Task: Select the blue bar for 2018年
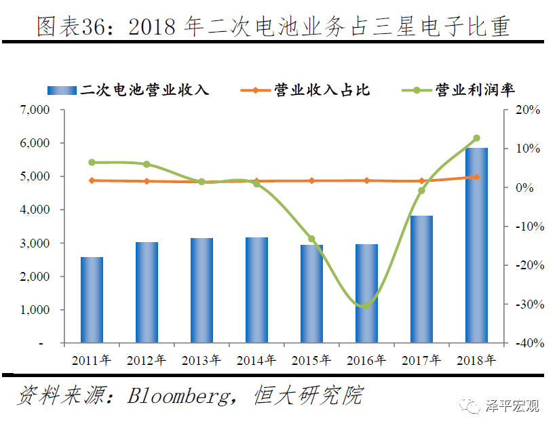click(476, 246)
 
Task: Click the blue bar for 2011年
click(92, 300)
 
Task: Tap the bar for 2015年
click(311, 294)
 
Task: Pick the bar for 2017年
click(421, 279)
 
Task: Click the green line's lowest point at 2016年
click(366, 305)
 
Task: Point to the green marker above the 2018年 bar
click(476, 138)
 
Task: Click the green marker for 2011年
click(92, 163)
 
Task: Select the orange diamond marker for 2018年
click(476, 177)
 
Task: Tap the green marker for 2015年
click(311, 239)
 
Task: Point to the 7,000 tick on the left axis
click(35, 110)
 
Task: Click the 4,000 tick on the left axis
click(35, 210)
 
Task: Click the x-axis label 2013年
click(201, 360)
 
